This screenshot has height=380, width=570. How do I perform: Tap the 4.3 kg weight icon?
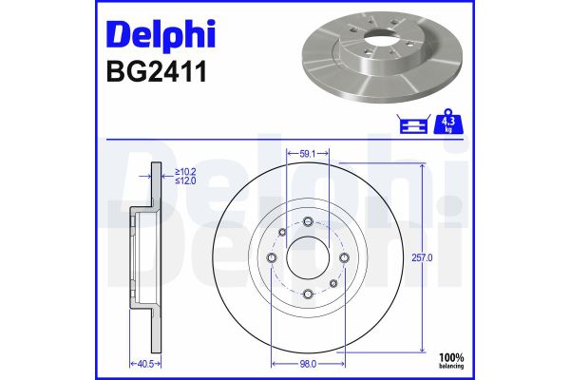444,124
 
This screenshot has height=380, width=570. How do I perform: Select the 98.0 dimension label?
307,364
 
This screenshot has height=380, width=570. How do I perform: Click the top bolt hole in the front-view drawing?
307,221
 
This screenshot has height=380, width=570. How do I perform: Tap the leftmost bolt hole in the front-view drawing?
272,257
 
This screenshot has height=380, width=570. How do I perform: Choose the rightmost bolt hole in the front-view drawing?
343,257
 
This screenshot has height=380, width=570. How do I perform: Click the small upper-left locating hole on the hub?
282,232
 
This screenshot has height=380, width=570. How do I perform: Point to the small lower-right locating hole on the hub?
332,282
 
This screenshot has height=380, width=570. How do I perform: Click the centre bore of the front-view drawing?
307,257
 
